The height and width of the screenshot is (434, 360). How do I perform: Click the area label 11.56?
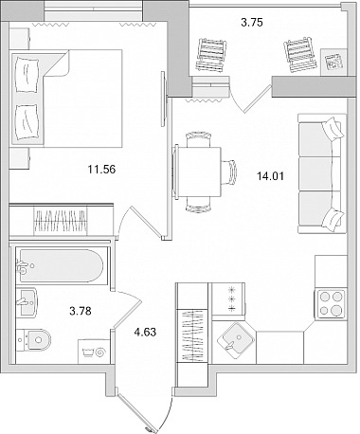[101, 170]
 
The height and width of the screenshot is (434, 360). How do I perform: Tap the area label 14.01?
[270, 176]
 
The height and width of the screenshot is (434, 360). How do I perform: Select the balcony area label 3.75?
[252, 23]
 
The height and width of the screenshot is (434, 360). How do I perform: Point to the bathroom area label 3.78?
[81, 311]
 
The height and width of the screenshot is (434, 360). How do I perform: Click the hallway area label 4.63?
[145, 332]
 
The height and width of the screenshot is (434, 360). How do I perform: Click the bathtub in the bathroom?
[61, 265]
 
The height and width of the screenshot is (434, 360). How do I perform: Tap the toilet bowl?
[34, 339]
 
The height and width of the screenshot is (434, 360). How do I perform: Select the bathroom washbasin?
[27, 302]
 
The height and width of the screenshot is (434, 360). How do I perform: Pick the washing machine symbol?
[94, 352]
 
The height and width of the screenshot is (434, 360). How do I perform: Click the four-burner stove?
[331, 304]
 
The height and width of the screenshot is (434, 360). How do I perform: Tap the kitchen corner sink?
[236, 340]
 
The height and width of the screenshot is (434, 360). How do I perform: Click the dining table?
[198, 172]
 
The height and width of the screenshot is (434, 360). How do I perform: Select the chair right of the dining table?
[228, 172]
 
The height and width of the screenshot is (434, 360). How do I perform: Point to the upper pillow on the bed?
[27, 75]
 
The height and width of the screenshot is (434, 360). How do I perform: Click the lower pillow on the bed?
[27, 122]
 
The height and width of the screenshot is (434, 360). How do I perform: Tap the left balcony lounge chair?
[211, 54]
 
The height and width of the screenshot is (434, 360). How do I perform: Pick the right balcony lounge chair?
[300, 54]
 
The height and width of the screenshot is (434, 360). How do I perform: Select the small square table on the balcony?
[333, 62]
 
